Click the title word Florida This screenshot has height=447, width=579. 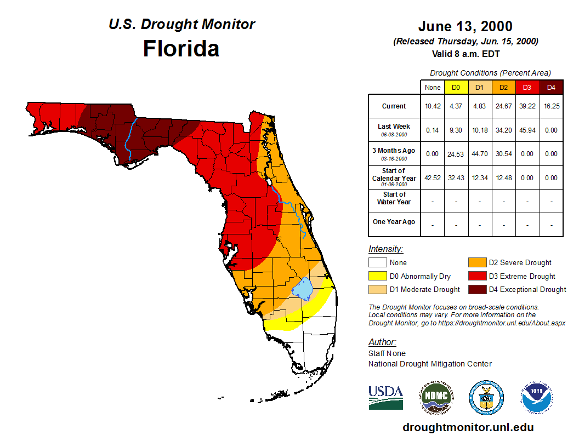[181, 49]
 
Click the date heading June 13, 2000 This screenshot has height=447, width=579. [465, 26]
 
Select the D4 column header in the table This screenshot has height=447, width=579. [551, 87]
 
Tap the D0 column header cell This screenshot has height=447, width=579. [456, 87]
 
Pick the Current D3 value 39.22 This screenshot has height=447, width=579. [527, 106]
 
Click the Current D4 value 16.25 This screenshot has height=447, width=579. [551, 106]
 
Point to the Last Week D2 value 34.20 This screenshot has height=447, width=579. [503, 130]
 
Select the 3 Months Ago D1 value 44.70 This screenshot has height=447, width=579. [479, 154]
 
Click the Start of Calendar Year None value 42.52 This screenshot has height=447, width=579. [432, 177]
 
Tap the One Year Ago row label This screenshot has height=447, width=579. [394, 222]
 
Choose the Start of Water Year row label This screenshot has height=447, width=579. [394, 198]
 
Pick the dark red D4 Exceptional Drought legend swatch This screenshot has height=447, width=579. [477, 289]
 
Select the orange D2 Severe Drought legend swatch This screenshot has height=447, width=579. [477, 263]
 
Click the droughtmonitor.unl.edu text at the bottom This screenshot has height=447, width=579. [468, 427]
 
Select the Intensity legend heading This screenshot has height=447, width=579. [385, 249]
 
